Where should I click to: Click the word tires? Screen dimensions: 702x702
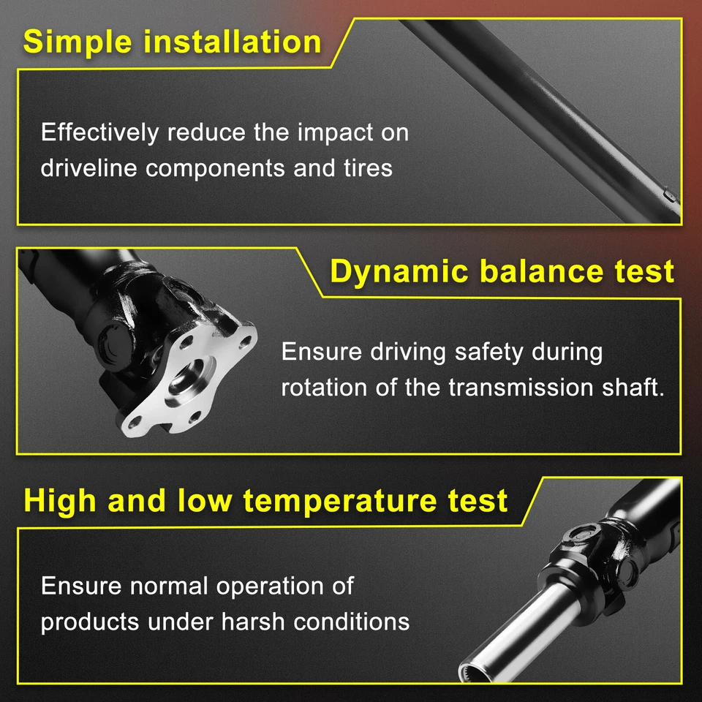click(366, 168)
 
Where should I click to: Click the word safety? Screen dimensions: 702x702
click(488, 352)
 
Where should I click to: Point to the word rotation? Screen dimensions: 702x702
click(325, 387)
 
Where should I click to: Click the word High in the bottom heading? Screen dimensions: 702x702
click(61, 501)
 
